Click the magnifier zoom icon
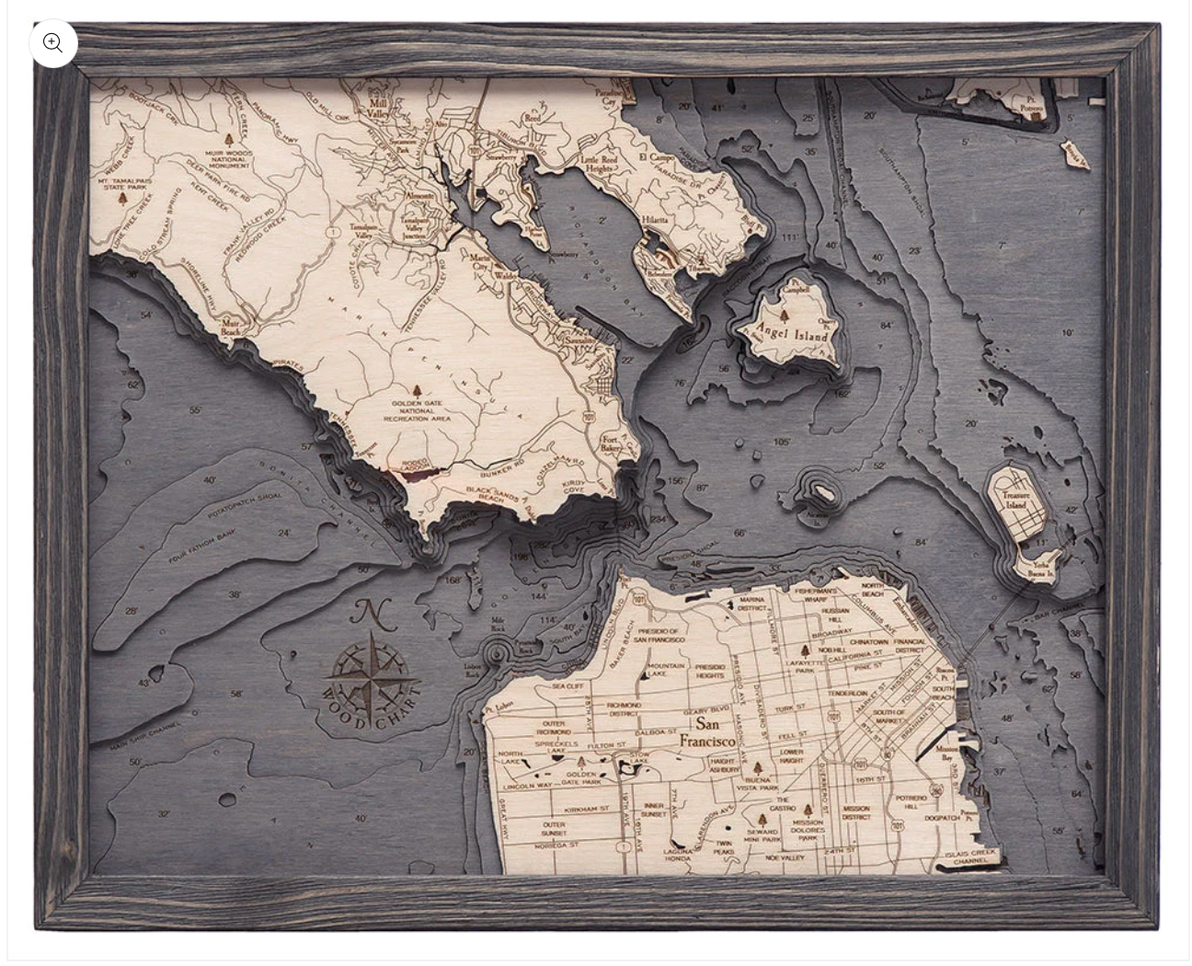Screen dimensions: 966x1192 click(x=53, y=43)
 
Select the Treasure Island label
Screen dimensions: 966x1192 click(x=1014, y=500)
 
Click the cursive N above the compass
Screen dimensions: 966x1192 click(x=370, y=614)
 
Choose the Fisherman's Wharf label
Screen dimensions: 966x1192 click(x=816, y=595)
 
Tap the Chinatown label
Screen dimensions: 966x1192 click(x=869, y=641)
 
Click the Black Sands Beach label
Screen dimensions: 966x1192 click(x=491, y=494)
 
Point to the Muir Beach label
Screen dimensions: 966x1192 click(x=231, y=325)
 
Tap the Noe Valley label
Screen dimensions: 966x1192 click(x=785, y=857)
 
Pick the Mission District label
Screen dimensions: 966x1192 click(x=855, y=813)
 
